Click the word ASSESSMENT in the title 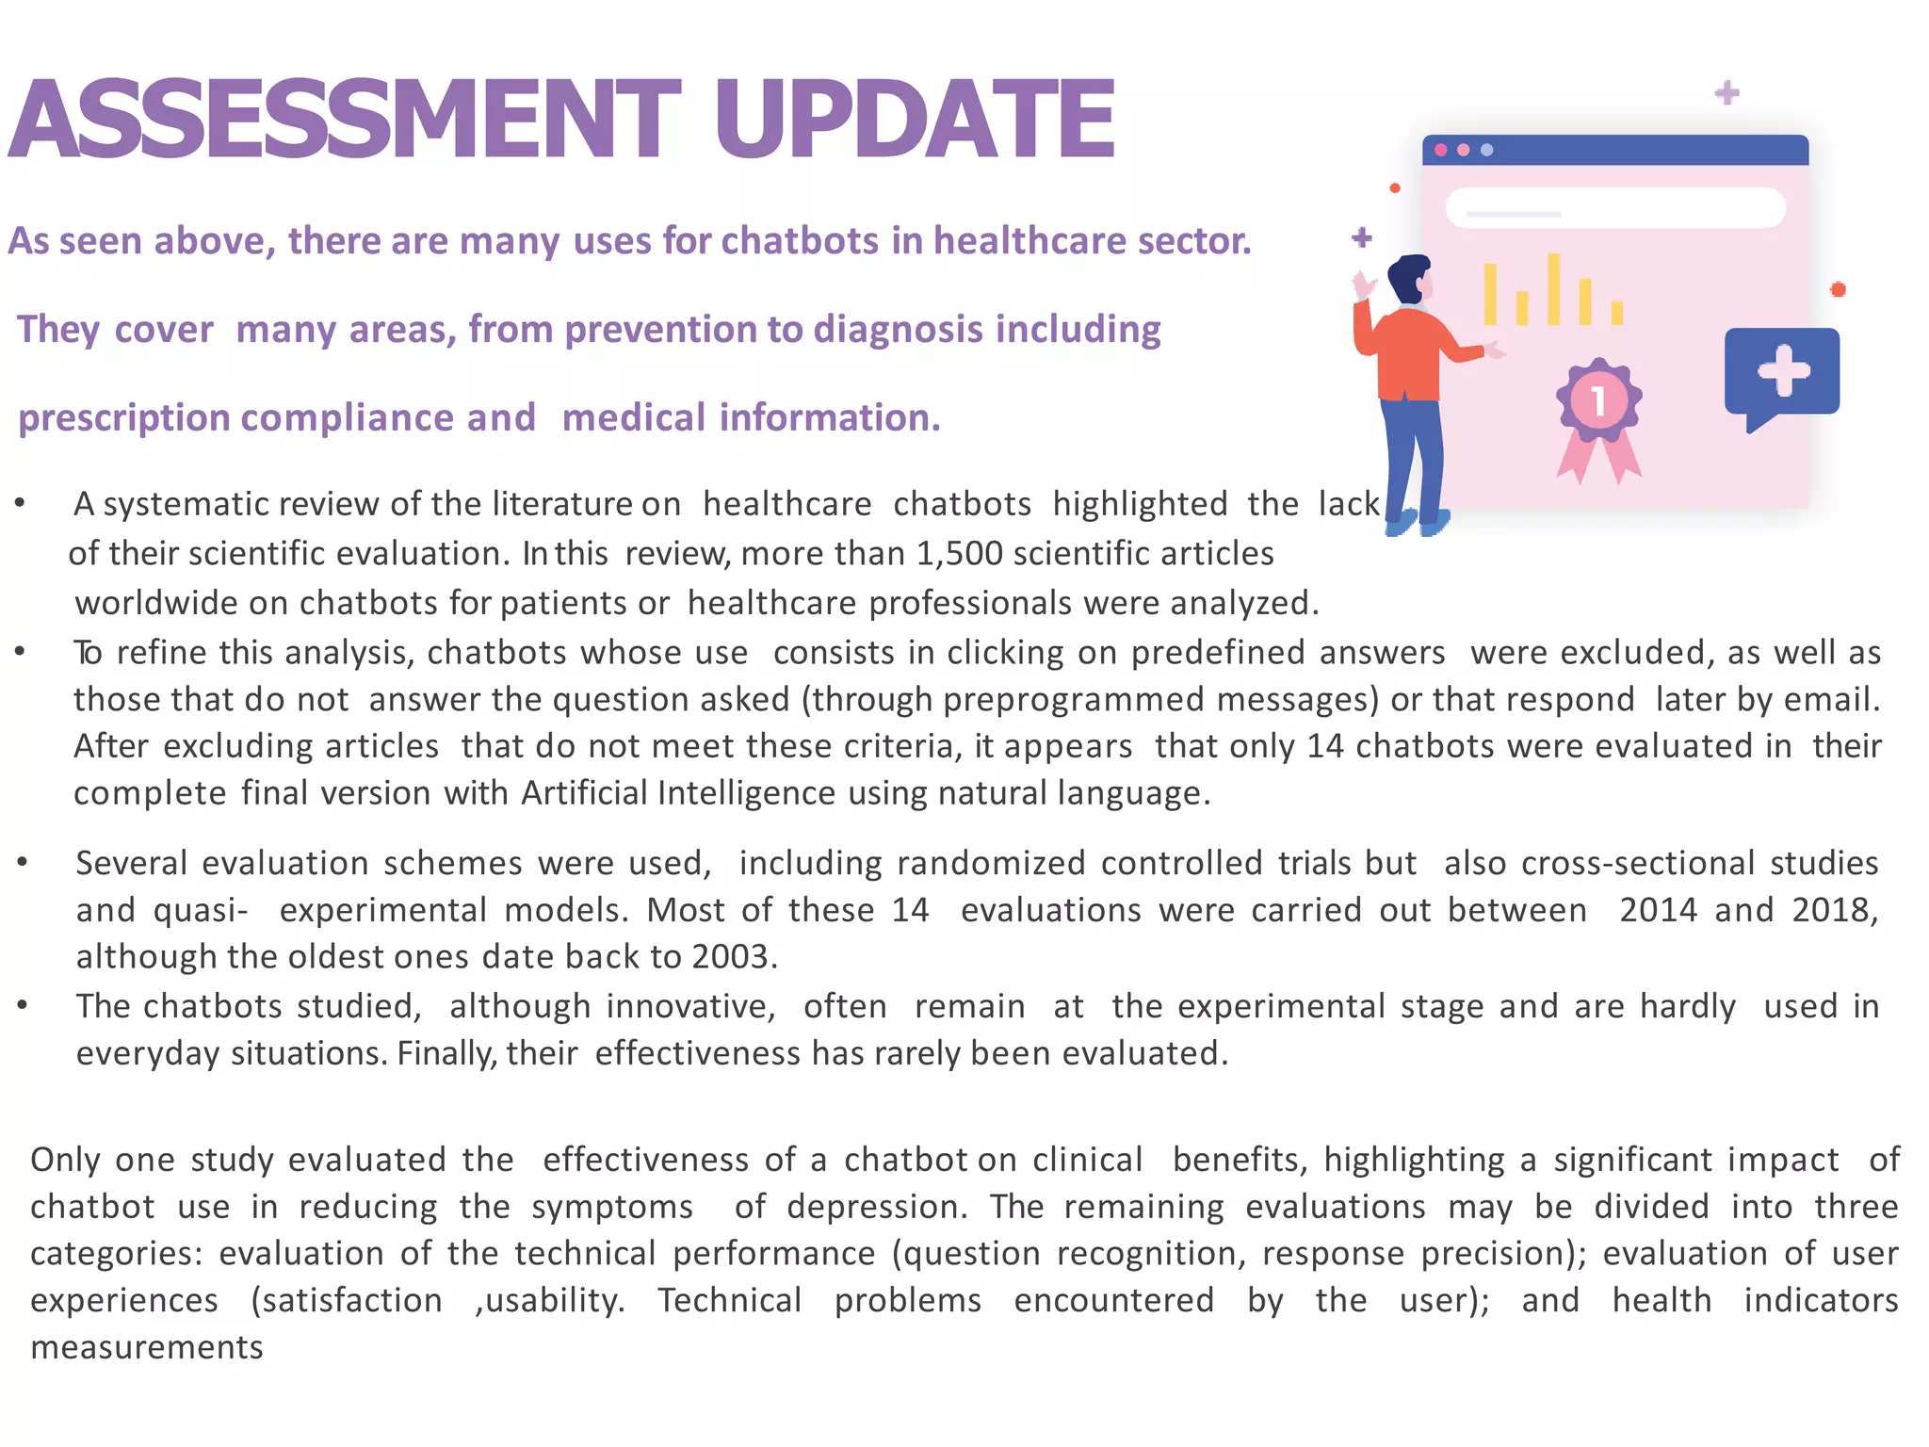344,120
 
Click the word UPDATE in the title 914,120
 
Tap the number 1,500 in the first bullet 960,553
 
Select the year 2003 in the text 731,957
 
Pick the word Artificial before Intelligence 583,793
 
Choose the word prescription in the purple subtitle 123,417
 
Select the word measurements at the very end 147,1348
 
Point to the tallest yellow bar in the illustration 1553,288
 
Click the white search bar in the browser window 1614,207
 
